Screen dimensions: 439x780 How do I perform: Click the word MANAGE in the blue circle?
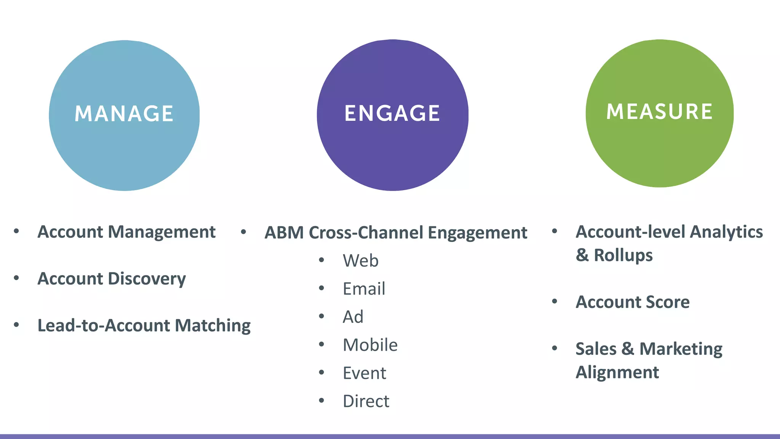[124, 114]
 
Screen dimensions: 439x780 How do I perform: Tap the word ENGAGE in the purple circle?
[392, 113]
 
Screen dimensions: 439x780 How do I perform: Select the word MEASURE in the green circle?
[659, 112]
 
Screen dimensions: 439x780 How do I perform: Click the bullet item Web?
[361, 261]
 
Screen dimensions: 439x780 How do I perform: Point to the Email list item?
[364, 289]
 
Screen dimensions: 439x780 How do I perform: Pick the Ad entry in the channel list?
[353, 317]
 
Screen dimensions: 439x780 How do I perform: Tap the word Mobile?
[370, 345]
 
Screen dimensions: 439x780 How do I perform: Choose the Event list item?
[364, 373]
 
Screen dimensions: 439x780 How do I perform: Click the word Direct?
[366, 401]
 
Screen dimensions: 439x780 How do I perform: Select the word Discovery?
[147, 279]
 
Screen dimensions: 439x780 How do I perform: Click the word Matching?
[213, 325]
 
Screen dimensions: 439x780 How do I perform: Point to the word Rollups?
[623, 255]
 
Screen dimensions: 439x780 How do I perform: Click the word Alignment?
[617, 372]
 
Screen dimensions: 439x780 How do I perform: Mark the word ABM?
[284, 233]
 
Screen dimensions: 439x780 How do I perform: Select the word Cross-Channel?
[366, 233]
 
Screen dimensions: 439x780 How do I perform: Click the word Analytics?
[726, 232]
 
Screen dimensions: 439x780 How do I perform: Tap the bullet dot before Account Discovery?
[16, 278]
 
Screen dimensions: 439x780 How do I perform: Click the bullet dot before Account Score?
[555, 301]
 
